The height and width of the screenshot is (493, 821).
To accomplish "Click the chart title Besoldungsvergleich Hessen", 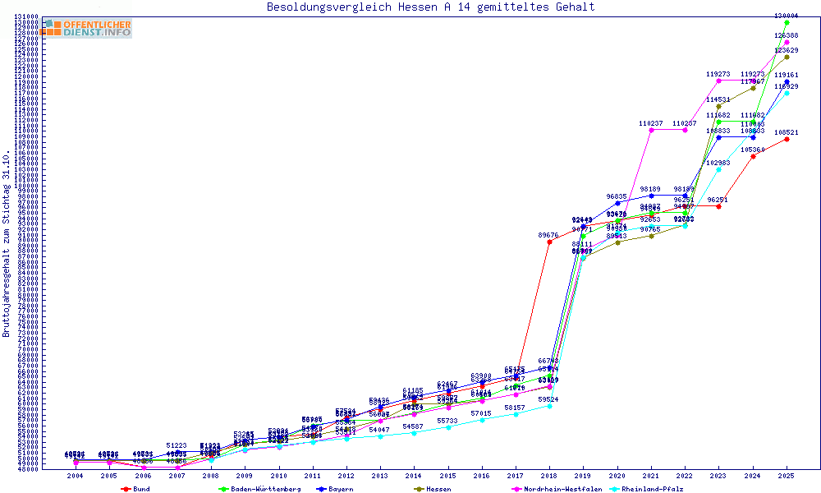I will coord(430,7).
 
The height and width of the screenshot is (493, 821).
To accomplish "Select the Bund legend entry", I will coord(136,489).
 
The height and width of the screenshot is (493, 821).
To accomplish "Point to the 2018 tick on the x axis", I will coord(549,475).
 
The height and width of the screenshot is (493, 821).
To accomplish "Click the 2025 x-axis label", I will coord(787,475).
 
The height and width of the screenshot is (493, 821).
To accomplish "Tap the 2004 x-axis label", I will coord(76,475).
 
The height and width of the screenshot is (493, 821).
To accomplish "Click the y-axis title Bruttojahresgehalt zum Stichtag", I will coord(7,244).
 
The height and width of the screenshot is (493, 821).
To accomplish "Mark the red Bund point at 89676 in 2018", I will coord(549,242).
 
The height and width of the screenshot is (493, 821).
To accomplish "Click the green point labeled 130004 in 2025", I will coord(787,23).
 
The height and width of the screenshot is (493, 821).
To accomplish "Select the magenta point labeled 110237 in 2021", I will coord(651,130).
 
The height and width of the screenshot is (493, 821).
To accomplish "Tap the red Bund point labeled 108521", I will coord(787,139).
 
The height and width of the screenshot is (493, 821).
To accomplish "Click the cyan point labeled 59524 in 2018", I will coord(549,406).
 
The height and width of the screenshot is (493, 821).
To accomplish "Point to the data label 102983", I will coord(718,163).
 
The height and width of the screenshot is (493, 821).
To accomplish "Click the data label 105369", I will coord(752,150).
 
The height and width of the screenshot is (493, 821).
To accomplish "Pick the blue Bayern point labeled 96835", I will coord(617,203).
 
